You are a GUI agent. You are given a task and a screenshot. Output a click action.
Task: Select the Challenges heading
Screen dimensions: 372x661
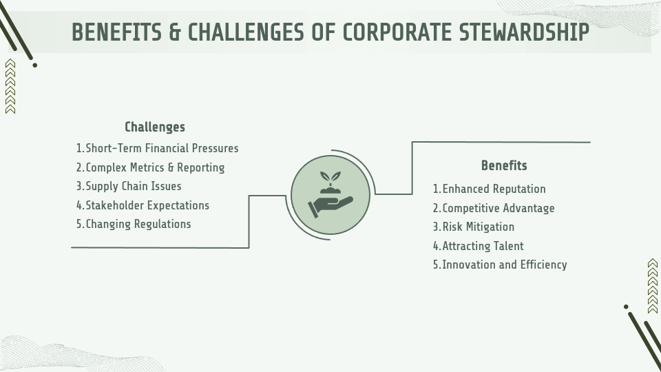pyautogui.click(x=155, y=127)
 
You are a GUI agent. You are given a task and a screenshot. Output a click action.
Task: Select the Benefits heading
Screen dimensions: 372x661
pyautogui.click(x=504, y=165)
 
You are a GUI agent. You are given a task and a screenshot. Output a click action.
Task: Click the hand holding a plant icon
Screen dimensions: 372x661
pyautogui.click(x=330, y=195)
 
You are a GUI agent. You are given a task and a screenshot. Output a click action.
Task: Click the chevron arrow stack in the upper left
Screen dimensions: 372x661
pyautogui.click(x=10, y=86)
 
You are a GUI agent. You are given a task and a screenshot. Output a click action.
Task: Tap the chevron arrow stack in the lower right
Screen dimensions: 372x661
pyautogui.click(x=653, y=286)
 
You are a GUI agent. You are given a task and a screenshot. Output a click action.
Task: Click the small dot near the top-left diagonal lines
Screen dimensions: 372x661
pyautogui.click(x=34, y=65)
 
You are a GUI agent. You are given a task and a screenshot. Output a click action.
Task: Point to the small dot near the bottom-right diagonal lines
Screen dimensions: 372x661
pyautogui.click(x=626, y=307)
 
